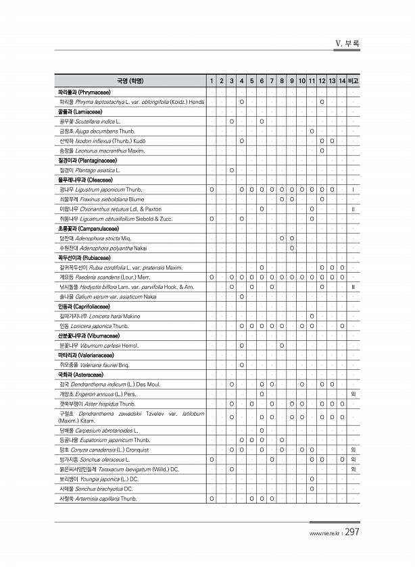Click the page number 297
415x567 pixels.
pyautogui.click(x=352, y=533)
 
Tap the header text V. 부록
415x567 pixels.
pyautogui.click(x=347, y=44)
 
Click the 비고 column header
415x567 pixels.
pyautogui.click(x=353, y=81)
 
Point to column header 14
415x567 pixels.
pyautogui.click(x=343, y=81)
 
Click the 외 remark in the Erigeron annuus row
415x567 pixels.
pyautogui.click(x=353, y=394)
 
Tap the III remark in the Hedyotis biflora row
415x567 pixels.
pyautogui.click(x=353, y=287)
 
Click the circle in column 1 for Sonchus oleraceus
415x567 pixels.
pyautogui.click(x=212, y=459)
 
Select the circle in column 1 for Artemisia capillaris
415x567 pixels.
pyautogui.click(x=212, y=498)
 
